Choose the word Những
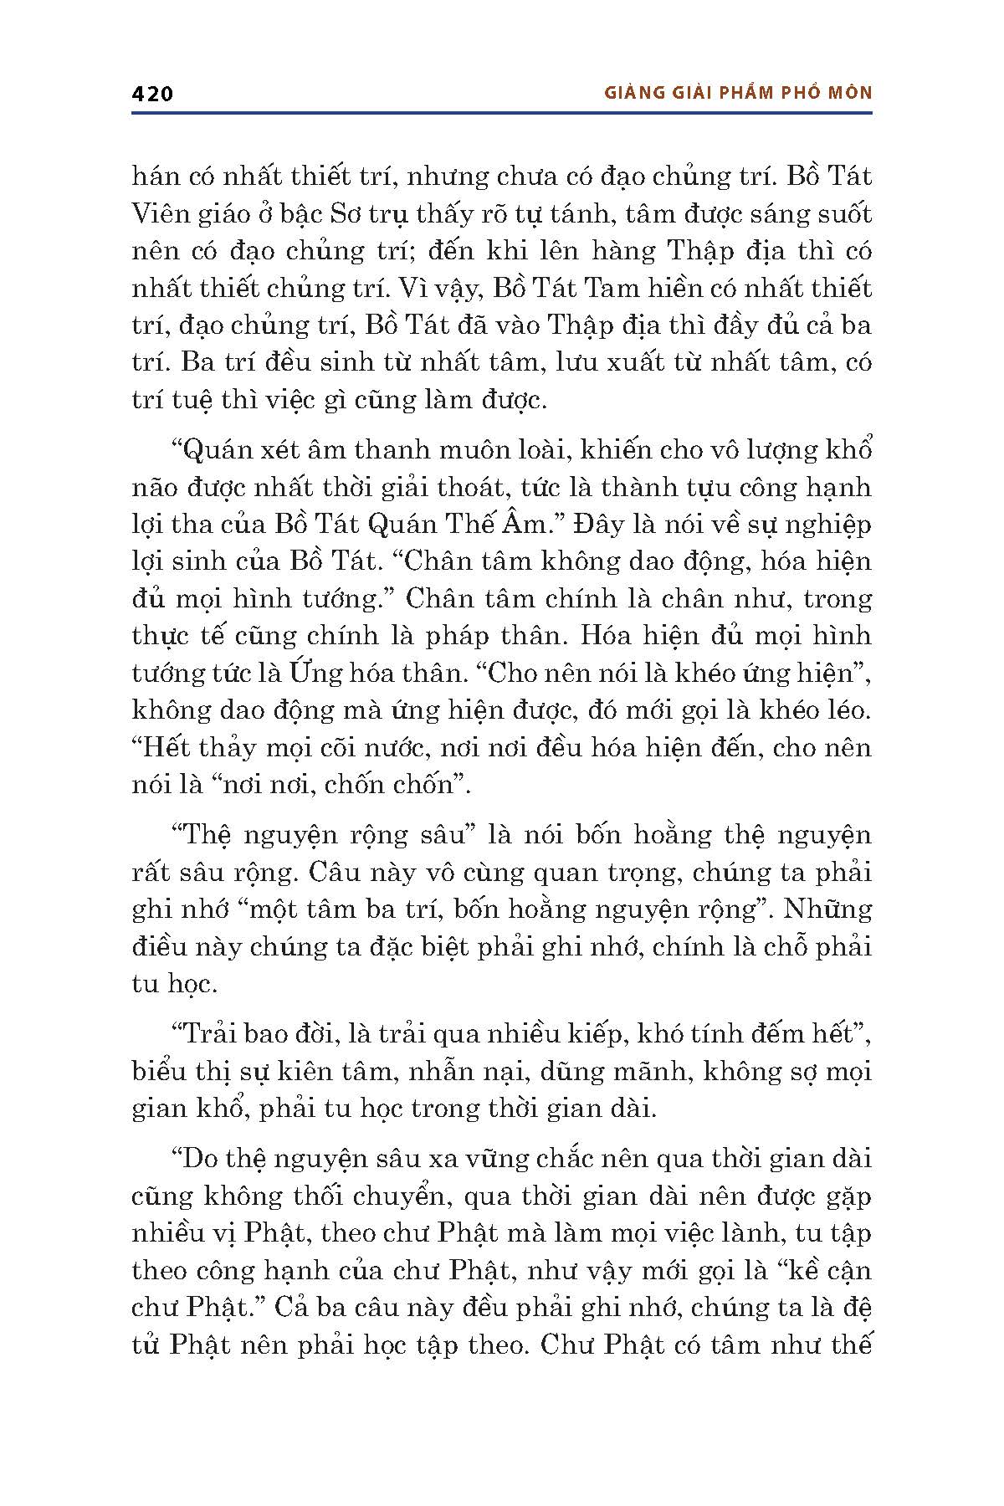(828, 909)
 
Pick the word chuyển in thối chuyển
(402, 1196)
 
